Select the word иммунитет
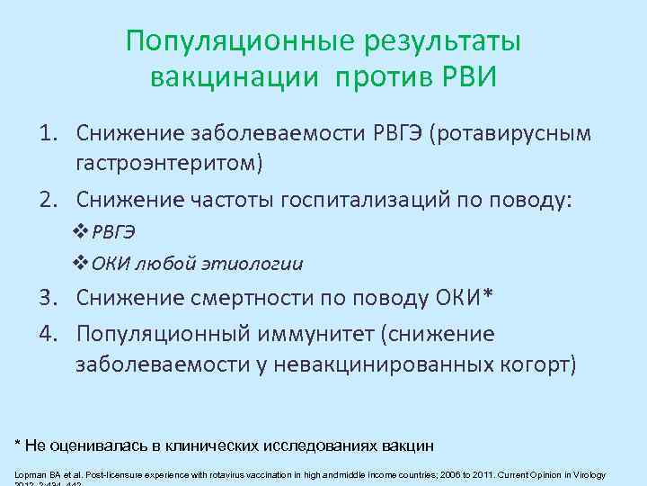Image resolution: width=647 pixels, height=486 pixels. click(x=311, y=335)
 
